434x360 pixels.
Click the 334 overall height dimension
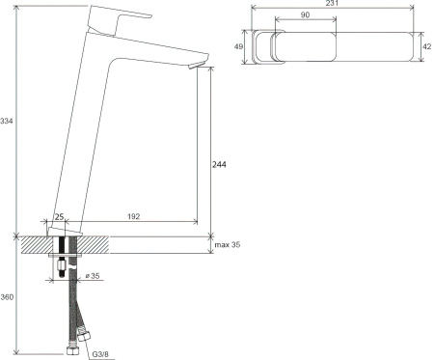pyautogui.click(x=6, y=122)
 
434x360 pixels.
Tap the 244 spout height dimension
pyautogui.click(x=219, y=165)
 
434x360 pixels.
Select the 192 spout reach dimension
pyautogui.click(x=133, y=216)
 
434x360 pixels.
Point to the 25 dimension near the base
pyautogui.click(x=59, y=216)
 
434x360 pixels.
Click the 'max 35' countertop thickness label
pyautogui.click(x=228, y=245)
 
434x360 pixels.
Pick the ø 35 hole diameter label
pyautogui.click(x=93, y=276)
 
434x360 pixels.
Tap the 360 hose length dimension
pyautogui.click(x=7, y=297)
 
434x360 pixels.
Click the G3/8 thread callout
pyautogui.click(x=100, y=354)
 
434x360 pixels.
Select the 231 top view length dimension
pyautogui.click(x=332, y=3)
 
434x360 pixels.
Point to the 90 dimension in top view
pyautogui.click(x=305, y=14)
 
